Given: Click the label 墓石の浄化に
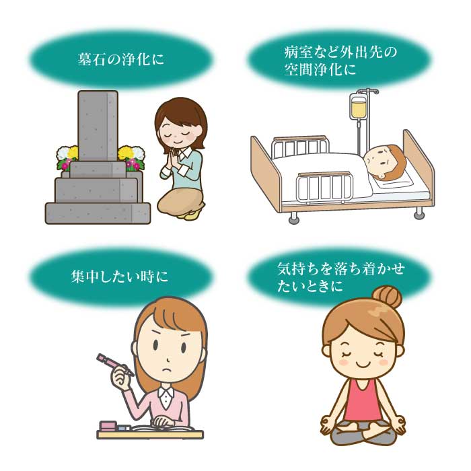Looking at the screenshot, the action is point(120,59).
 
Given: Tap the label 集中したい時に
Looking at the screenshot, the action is point(119,277).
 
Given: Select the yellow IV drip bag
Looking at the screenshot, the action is point(358,108).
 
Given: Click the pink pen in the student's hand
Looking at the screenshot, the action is point(115,365).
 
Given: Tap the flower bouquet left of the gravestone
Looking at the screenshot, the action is point(67,157).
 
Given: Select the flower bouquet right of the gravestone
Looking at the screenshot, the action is point(131,157).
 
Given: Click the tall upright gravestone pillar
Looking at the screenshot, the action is point(98,126).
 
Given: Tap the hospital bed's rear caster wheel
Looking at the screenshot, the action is point(419,214).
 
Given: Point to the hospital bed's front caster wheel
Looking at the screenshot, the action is point(293,218).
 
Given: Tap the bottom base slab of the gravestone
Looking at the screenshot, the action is point(98,213).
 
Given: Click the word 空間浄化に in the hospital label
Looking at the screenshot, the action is point(320,70).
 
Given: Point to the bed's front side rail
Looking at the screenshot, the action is point(324,186).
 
